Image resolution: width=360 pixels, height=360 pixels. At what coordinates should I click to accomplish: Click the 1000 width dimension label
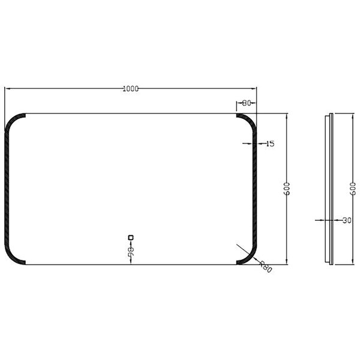[130, 89]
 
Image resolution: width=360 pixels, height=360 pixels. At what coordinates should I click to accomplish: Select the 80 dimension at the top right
[247, 104]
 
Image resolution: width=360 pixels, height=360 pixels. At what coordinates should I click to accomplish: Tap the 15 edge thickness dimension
[269, 143]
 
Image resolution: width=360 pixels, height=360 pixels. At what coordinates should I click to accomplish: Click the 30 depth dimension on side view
[347, 220]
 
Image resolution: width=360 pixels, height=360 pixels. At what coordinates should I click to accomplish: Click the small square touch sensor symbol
[130, 236]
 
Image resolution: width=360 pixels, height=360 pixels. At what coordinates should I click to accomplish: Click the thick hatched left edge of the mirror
[7, 188]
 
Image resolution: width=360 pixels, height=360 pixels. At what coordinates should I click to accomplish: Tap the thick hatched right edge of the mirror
[254, 188]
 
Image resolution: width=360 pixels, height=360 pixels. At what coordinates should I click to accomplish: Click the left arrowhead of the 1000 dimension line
[8, 89]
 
